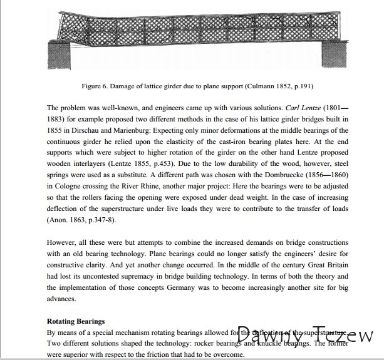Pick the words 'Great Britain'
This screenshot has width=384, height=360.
(330, 265)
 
